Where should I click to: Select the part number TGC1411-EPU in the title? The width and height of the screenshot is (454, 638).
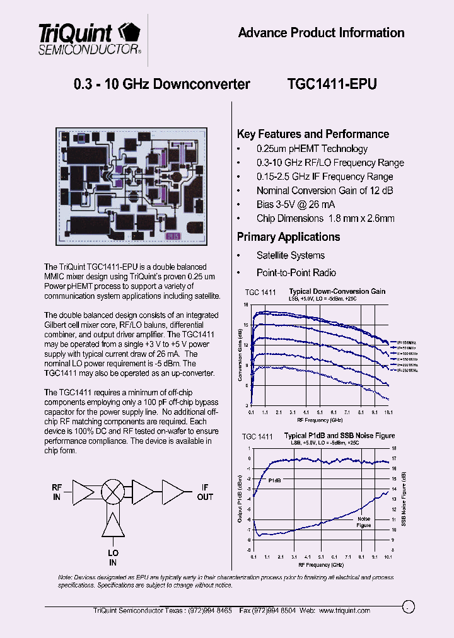332,84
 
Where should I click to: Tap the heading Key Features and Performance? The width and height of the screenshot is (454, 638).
313,134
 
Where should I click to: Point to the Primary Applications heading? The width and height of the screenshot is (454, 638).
288,237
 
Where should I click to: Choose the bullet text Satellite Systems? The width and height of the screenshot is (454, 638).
290,255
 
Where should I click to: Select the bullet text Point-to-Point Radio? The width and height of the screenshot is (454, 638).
296,273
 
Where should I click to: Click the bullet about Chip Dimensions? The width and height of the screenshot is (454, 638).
325,219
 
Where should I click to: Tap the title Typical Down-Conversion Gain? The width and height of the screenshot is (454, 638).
337,291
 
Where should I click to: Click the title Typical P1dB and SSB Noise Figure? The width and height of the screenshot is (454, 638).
339,436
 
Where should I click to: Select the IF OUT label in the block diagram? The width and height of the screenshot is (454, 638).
205,492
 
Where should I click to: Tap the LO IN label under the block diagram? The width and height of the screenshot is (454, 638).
113,558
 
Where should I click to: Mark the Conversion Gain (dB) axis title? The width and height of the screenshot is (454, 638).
240,355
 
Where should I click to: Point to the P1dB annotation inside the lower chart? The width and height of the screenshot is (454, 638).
275,480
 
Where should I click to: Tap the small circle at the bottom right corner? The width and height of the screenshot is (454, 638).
408,606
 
